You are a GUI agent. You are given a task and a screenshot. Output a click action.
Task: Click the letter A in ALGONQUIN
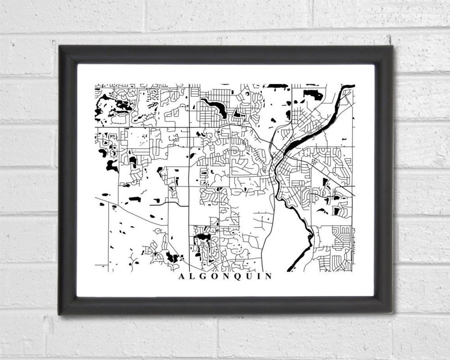pyautogui.click(x=181, y=276)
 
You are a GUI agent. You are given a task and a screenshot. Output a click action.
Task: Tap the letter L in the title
pyautogui.click(x=192, y=276)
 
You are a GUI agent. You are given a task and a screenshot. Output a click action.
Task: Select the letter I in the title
pyautogui.click(x=259, y=276)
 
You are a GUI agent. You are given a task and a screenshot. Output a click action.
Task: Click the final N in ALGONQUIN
pyautogui.click(x=268, y=276)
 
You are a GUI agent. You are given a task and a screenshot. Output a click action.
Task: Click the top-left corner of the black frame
pyautogui.click(x=60, y=46)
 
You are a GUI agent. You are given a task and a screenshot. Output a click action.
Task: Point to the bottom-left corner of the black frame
pyautogui.click(x=60, y=314)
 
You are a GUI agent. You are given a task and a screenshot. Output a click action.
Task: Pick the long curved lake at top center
pyautogui.click(x=215, y=107)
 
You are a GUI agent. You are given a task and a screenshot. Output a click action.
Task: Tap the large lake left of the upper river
pyautogui.click(x=313, y=95)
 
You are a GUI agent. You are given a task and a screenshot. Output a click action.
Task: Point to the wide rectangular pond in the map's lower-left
pyautogui.click(x=135, y=199)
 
